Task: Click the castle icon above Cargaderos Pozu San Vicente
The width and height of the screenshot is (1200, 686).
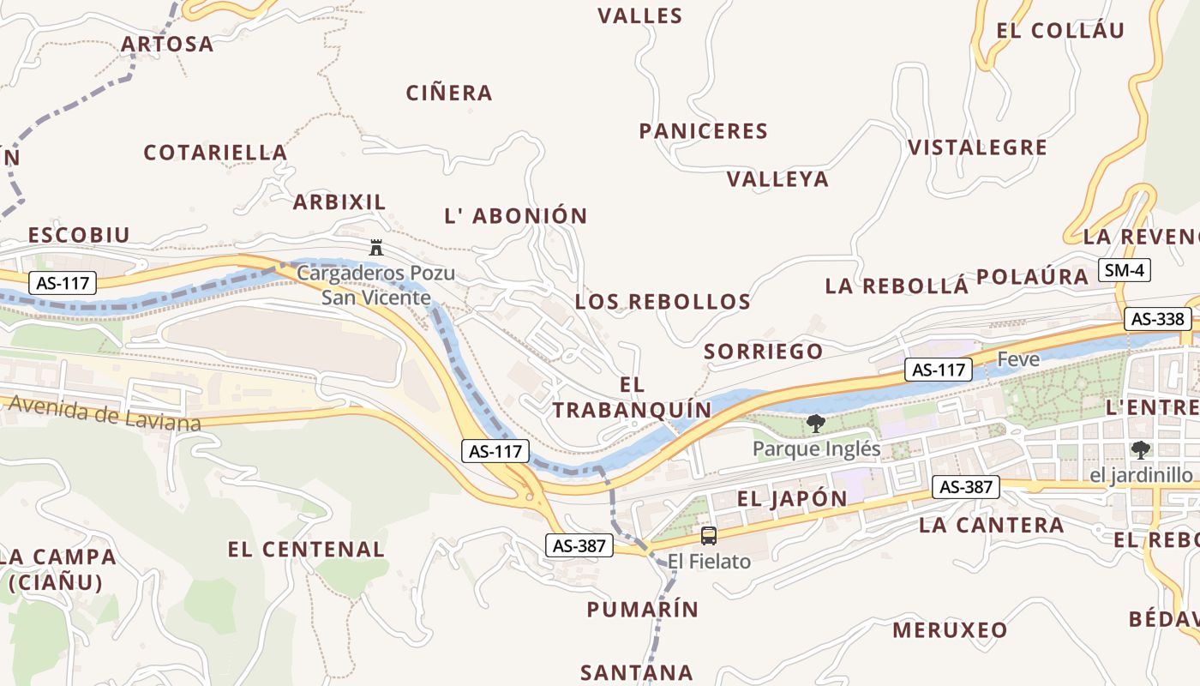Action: (375, 248)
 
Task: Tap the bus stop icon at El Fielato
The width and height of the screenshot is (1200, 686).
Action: (709, 536)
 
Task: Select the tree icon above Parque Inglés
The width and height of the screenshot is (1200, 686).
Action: (816, 423)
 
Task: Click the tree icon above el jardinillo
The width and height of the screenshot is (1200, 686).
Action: (1141, 449)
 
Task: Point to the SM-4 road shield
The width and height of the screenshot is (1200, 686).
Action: (1124, 271)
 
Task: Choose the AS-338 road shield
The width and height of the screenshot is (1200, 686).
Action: (1158, 319)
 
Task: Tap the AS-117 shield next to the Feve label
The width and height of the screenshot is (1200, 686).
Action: (939, 370)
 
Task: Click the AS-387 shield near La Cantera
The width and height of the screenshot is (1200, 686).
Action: (966, 487)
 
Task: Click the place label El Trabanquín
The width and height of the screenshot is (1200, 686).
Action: (632, 398)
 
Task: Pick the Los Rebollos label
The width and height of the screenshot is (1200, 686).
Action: (663, 302)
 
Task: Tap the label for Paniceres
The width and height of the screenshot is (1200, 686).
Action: (703, 131)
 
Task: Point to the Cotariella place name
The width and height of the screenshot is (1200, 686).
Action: (215, 153)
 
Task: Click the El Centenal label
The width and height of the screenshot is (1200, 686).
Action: (306, 550)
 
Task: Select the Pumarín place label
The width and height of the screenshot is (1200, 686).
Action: (643, 610)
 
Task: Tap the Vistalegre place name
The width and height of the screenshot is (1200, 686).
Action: (977, 147)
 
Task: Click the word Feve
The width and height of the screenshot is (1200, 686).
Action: (1018, 359)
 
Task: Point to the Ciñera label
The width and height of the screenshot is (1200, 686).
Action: (449, 93)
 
